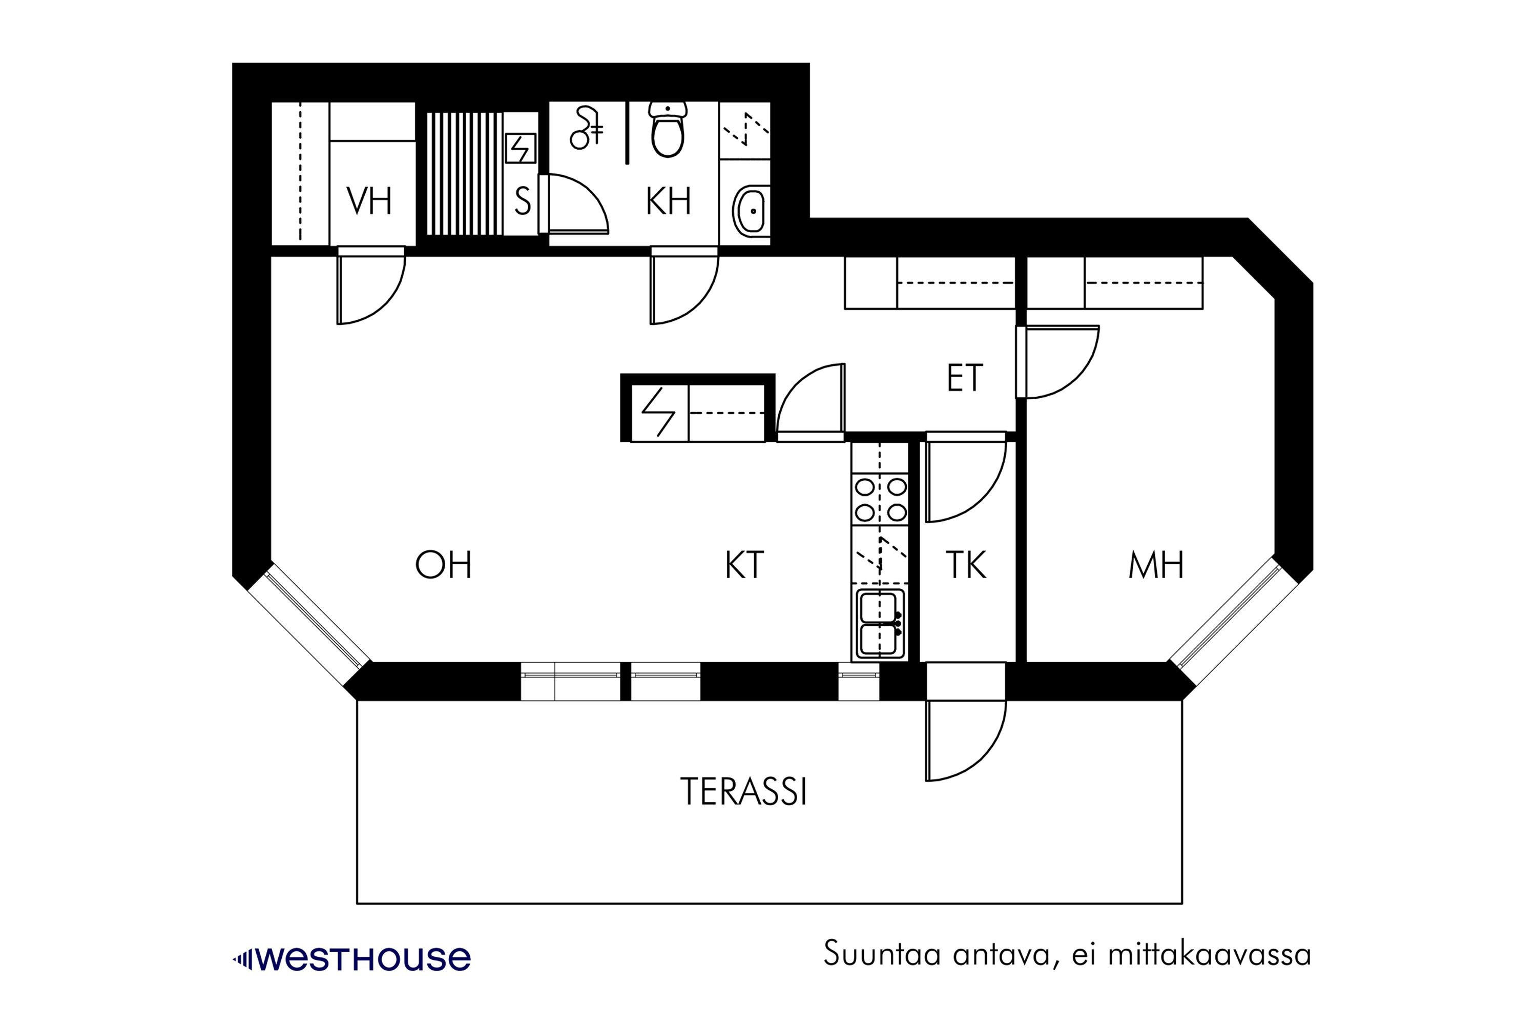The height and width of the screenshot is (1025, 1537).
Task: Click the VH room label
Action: click(x=369, y=201)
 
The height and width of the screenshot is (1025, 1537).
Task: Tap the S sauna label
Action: click(x=522, y=201)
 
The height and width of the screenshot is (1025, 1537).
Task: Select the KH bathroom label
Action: click(x=668, y=201)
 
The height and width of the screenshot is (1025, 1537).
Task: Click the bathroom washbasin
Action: click(x=753, y=211)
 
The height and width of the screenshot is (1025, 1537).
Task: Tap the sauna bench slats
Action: click(x=465, y=173)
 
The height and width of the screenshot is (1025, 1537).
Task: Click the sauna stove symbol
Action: click(x=521, y=149)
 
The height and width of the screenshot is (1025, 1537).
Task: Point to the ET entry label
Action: click(x=965, y=377)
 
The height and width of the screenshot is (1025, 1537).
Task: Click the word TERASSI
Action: click(x=744, y=792)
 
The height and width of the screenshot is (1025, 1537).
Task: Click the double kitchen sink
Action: click(x=880, y=624)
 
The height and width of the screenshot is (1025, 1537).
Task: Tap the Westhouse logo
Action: click(x=351, y=958)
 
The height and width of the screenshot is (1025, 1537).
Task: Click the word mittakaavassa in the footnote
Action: click(x=1210, y=954)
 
